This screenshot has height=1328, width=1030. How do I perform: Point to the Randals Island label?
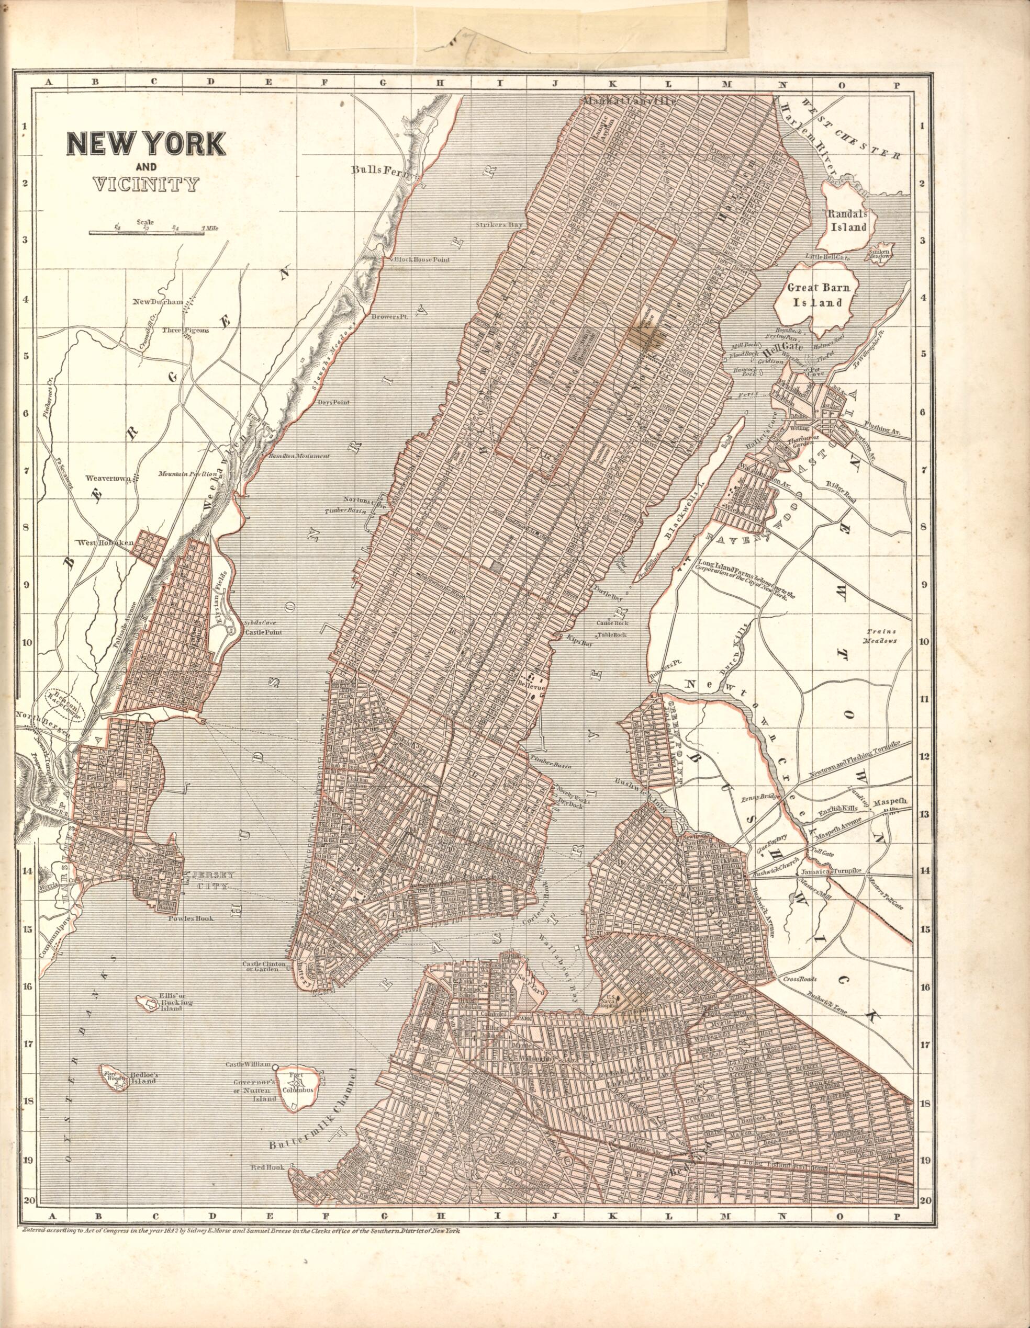tap(846, 220)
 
